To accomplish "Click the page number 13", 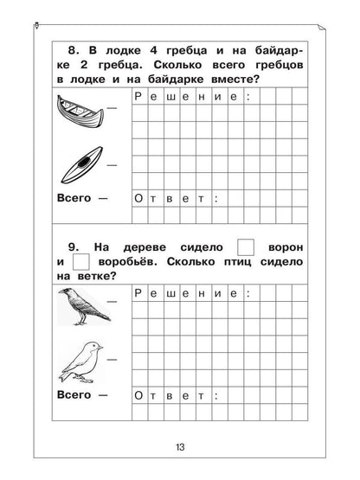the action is [179, 447].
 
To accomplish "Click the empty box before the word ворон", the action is [247, 245].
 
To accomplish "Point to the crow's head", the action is [66, 295].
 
